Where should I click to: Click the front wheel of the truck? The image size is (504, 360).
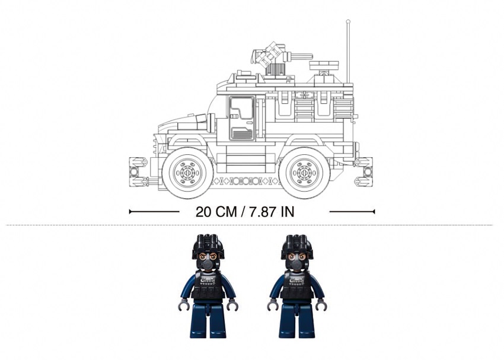[187, 173]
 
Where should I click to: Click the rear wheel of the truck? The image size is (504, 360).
[304, 173]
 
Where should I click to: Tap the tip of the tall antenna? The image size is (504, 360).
[348, 21]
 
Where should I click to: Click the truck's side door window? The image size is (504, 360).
[242, 109]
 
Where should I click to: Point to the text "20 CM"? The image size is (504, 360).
[216, 212]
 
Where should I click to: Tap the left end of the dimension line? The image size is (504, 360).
[129, 212]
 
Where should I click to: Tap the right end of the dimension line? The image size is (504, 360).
[374, 212]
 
